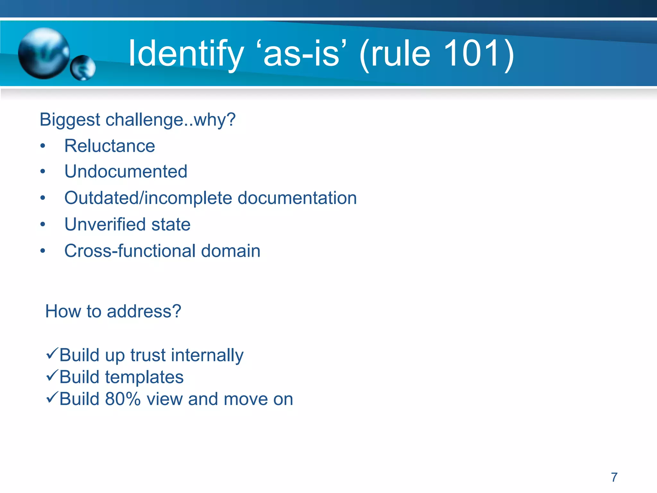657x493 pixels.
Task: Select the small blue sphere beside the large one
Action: click(x=83, y=68)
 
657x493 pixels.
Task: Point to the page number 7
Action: click(x=614, y=477)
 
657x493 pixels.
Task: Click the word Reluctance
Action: click(x=110, y=146)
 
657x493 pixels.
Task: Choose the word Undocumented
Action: click(x=126, y=171)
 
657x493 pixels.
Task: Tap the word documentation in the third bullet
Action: click(x=297, y=198)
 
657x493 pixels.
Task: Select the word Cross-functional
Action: click(x=130, y=251)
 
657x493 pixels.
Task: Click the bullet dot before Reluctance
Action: click(x=43, y=146)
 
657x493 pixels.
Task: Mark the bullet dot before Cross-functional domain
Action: click(x=43, y=251)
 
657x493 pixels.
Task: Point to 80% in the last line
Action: click(x=123, y=399)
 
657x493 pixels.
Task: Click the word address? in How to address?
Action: click(x=144, y=311)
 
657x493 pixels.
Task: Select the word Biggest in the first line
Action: click(x=70, y=120)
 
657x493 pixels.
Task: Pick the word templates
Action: click(x=144, y=377)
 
